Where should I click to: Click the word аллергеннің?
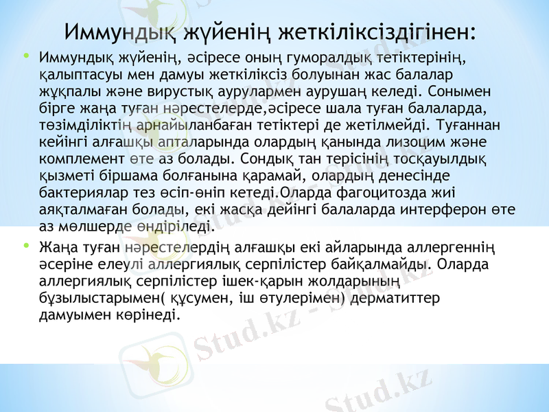455,246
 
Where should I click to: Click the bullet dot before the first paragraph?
26,55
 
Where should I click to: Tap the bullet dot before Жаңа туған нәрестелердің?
26,244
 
